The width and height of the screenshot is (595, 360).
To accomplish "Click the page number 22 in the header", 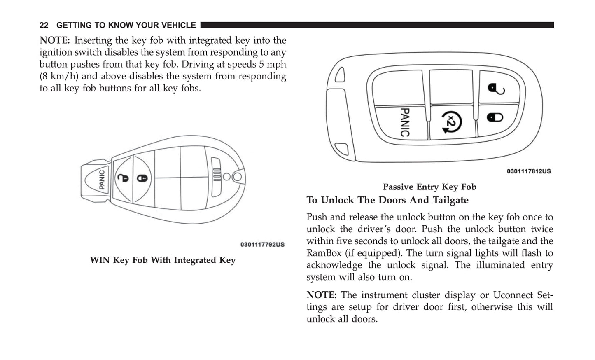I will tap(44, 25).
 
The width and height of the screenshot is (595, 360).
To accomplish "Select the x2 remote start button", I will tap(451, 122).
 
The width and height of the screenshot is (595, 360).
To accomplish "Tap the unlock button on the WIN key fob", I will tap(123, 178).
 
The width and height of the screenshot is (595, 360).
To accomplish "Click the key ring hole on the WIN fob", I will tap(237, 177).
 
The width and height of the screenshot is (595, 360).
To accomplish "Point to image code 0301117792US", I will tap(262, 245).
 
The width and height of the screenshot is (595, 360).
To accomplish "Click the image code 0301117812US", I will tap(528, 171).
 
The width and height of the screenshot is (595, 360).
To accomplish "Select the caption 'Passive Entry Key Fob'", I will tap(429, 187).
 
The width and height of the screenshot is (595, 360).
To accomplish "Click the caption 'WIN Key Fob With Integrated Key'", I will tap(163, 260).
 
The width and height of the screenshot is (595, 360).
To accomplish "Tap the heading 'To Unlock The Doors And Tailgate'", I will tap(387, 200).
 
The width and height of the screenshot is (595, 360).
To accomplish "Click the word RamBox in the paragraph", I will tap(323, 253).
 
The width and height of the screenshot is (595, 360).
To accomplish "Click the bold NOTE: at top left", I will tap(55, 40).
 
